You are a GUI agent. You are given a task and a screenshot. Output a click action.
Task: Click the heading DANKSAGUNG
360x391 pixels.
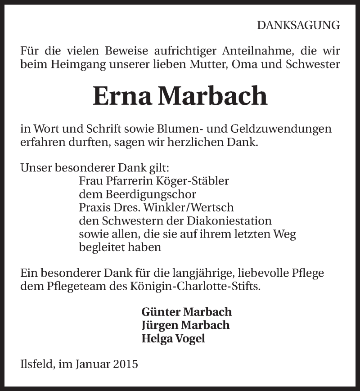[298, 26]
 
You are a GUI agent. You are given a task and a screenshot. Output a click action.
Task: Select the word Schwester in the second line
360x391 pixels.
[313, 64]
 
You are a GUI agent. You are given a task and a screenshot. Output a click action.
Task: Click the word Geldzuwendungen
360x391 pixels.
[281, 129]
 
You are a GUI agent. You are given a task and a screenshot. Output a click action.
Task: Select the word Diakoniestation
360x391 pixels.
[233, 221]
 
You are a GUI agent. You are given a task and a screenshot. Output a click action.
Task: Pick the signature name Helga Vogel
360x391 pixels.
[173, 338]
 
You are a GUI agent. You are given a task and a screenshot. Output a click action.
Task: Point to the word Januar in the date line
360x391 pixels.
[94, 364]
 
